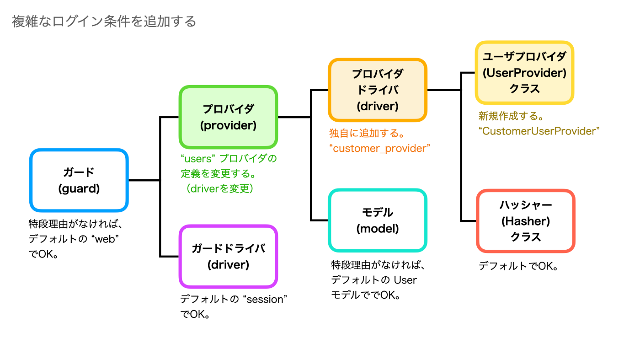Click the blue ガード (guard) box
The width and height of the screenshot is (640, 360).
pos(79,180)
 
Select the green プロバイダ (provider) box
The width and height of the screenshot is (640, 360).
pos(228,117)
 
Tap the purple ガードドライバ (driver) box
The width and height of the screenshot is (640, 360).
pos(228,256)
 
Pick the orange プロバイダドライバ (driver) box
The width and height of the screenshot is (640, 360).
pos(378,90)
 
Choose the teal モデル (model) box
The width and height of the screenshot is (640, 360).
pos(378,220)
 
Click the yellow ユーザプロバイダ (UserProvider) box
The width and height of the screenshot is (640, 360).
pos(525,73)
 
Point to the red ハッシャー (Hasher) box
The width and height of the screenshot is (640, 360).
pos(525,221)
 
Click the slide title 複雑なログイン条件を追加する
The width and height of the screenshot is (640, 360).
pos(104,21)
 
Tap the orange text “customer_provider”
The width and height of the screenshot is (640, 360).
pos(379,148)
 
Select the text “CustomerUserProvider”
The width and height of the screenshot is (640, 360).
pos(539,131)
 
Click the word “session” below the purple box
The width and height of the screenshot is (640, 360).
pos(265,299)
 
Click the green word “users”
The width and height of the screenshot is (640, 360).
pos(197,158)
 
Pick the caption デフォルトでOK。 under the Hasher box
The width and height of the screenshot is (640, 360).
pos(518,266)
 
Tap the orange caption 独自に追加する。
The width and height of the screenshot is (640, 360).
pos(367,133)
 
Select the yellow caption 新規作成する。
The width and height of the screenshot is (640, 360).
pos(511,116)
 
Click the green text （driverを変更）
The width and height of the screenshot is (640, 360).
pos(220,188)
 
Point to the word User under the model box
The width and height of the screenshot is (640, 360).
pos(405,280)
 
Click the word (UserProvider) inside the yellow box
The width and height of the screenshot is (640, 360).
pos(525,73)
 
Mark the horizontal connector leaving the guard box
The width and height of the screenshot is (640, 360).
pos(144,180)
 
